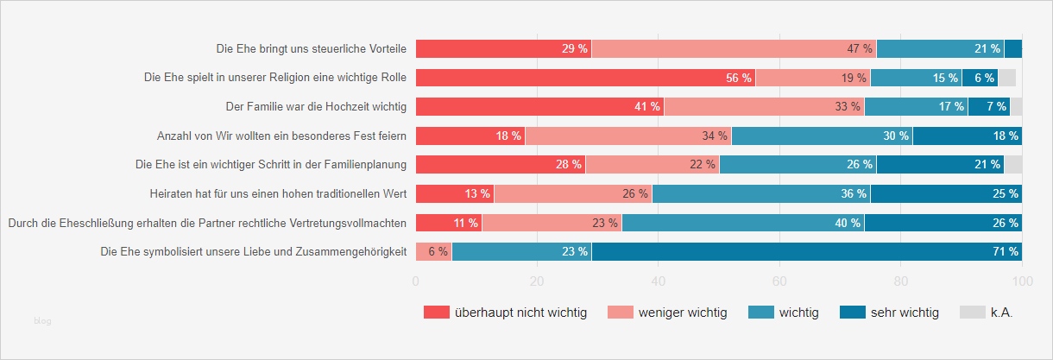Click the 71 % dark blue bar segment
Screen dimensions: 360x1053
pyautogui.click(x=806, y=252)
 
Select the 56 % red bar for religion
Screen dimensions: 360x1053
pyautogui.click(x=585, y=78)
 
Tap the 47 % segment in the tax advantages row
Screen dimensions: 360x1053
pyautogui.click(x=734, y=48)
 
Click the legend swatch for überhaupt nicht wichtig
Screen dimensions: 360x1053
pyautogui.click(x=437, y=313)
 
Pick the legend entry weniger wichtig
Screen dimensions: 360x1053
pyautogui.click(x=680, y=313)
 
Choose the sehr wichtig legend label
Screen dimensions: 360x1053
pyautogui.click(x=904, y=313)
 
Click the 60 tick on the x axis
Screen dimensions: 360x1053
pyautogui.click(x=780, y=281)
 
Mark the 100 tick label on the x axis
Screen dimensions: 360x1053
pyautogui.click(x=1022, y=281)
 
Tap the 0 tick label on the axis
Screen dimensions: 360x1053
pyautogui.click(x=416, y=281)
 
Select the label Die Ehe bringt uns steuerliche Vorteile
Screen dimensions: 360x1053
pyautogui.click(x=311, y=48)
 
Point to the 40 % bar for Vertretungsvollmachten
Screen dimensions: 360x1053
pyautogui.click(x=743, y=223)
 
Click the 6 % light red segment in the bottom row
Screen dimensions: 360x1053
pyautogui.click(x=434, y=252)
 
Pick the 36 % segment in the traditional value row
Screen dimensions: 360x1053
pyautogui.click(x=761, y=193)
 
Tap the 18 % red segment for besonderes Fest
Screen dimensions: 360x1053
pyautogui.click(x=470, y=136)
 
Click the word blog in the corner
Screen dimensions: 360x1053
pyautogui.click(x=42, y=321)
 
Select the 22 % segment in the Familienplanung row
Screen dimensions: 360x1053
pyautogui.click(x=653, y=164)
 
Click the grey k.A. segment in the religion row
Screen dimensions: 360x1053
pyautogui.click(x=1006, y=78)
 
